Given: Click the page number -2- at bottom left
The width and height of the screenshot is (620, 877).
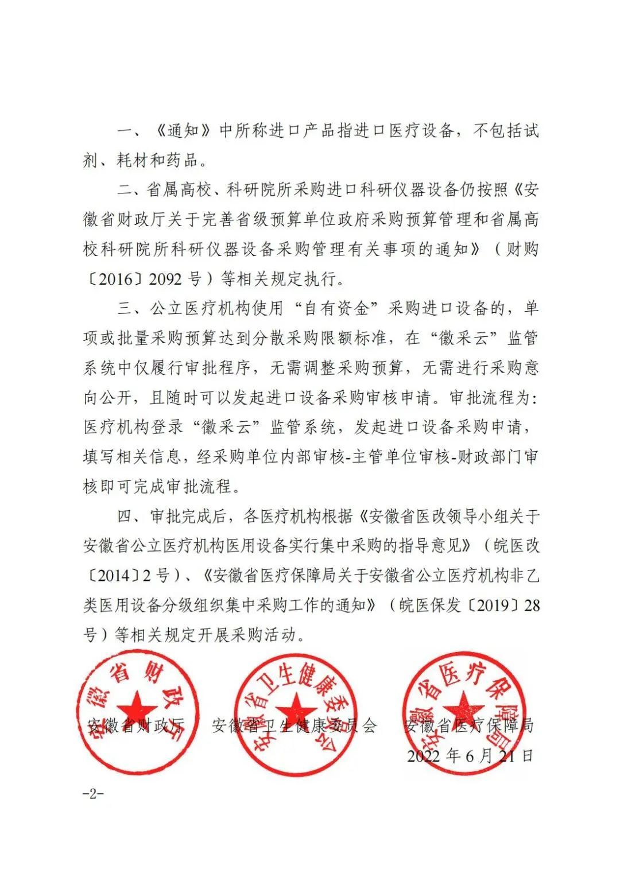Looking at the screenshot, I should click(93, 794).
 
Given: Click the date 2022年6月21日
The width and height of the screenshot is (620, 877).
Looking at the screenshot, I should click(470, 755).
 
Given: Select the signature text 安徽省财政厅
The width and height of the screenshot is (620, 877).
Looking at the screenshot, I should click(135, 725).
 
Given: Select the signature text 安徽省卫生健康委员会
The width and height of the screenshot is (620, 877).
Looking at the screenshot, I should click(294, 725).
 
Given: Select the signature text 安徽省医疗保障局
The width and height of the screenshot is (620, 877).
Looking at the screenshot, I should click(468, 725).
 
